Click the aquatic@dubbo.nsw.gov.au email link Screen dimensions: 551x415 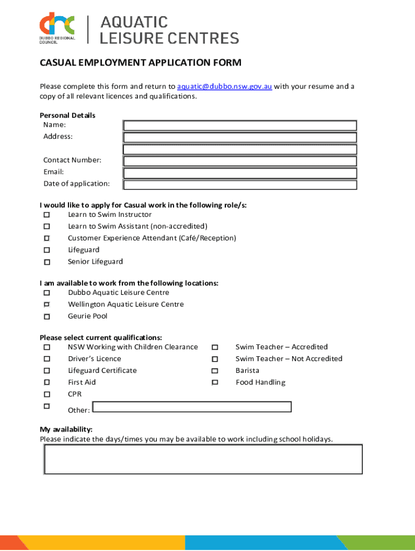[224, 87]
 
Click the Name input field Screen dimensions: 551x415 [240, 125]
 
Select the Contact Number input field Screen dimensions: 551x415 [240, 161]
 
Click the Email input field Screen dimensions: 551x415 [240, 173]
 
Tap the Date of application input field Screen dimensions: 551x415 [240, 185]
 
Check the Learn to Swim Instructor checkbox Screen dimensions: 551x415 [47, 215]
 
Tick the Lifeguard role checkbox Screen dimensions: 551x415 [47, 250]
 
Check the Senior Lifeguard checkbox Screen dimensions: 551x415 [47, 262]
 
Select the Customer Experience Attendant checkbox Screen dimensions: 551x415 [47, 238]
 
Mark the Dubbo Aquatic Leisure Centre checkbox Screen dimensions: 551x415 [47, 293]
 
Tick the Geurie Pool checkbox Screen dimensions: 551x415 [47, 317]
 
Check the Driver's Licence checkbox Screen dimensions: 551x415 [47, 359]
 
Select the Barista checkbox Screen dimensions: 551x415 [215, 371]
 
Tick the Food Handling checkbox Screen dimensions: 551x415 [215, 383]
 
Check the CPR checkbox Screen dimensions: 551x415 [47, 394]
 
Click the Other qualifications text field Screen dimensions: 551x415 [192, 407]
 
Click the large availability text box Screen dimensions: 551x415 [203, 459]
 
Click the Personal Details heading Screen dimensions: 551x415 [67, 115]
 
